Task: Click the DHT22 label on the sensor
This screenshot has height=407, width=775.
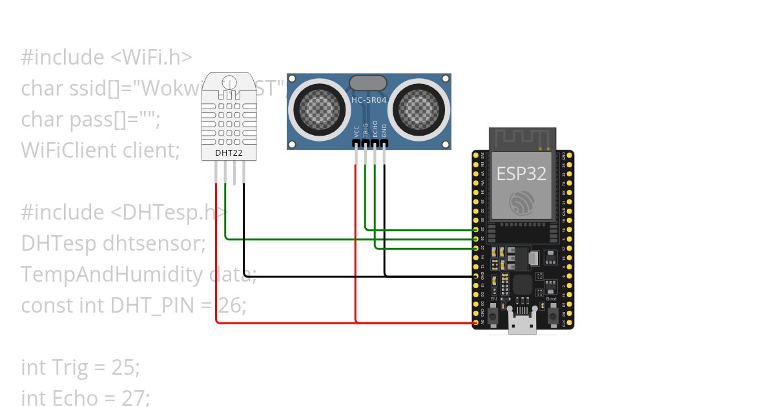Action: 229,153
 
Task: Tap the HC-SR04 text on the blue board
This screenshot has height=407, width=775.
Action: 368,99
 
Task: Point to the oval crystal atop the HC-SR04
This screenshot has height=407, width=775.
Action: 368,83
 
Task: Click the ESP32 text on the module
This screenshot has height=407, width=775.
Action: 521,173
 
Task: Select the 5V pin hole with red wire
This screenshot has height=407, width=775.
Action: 476,322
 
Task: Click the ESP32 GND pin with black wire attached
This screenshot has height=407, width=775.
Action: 476,276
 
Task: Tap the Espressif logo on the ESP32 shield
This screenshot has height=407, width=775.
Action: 521,203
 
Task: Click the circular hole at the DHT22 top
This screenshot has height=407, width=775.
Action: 229,83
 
